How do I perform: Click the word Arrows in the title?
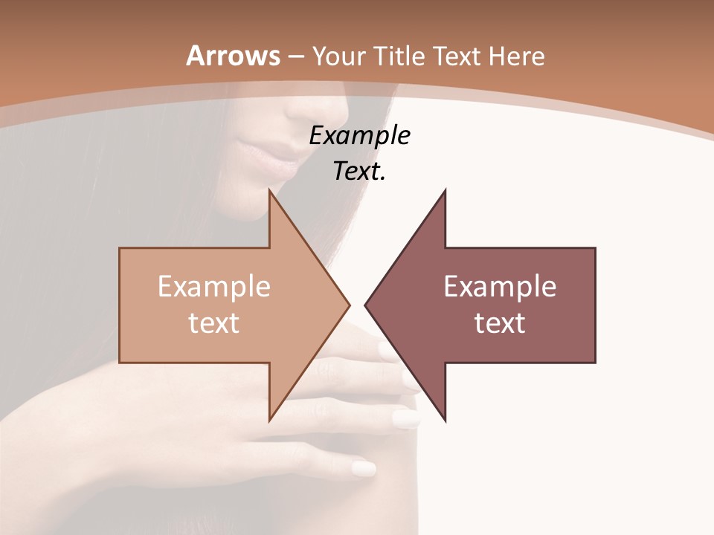pos(233,56)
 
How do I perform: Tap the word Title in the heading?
pos(400,56)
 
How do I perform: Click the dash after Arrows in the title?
pos(295,56)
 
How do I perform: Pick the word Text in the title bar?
pos(457,56)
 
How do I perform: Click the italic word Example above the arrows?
pos(359,135)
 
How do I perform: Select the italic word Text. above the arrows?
pos(359,172)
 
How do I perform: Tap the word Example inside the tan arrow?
pos(213,287)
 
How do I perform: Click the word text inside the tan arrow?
pos(213,322)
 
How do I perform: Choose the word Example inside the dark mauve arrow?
pos(500,287)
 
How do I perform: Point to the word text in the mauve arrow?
pos(500,322)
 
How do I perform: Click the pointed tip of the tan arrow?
pos(349,305)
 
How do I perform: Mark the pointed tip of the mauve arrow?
pos(365,305)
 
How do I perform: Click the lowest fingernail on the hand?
pos(364,468)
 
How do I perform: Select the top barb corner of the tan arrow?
pos(269,191)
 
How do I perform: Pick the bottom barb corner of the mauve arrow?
pos(446,421)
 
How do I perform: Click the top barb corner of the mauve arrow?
pos(446,190)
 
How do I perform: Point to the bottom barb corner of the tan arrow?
pos(269,421)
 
